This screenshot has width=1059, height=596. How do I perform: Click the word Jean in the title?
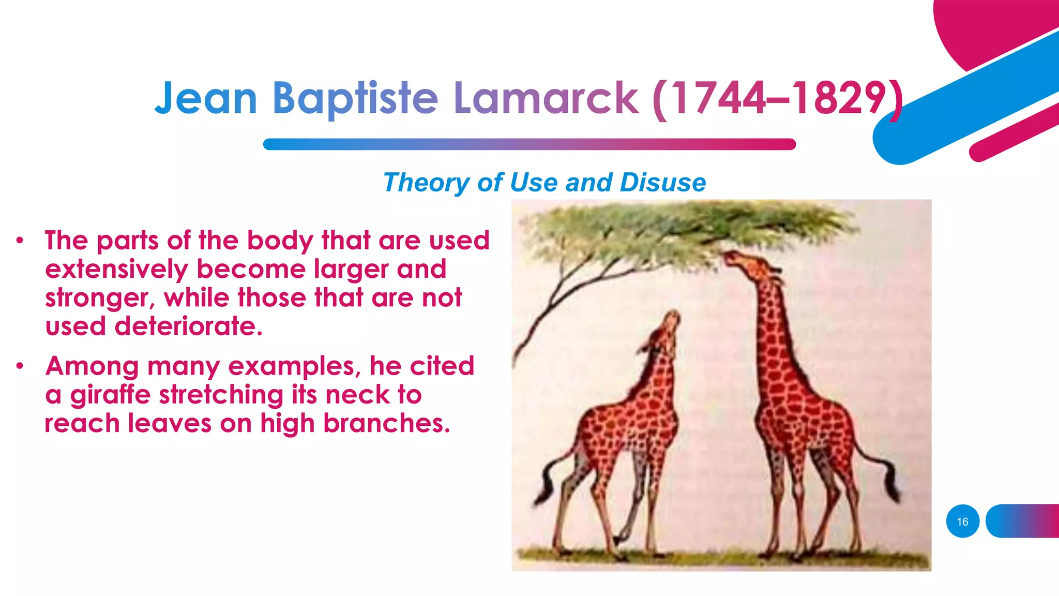(x=206, y=98)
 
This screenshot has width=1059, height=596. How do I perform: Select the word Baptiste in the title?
(x=355, y=98)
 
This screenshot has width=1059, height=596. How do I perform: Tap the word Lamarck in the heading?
(x=546, y=98)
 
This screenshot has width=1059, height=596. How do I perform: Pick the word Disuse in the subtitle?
(x=663, y=183)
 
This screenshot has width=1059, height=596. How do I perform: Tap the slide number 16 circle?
(x=962, y=521)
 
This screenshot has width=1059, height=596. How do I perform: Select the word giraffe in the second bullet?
(x=110, y=395)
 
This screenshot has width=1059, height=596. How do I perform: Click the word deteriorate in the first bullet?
(x=189, y=326)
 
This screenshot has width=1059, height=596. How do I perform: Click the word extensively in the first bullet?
(x=116, y=270)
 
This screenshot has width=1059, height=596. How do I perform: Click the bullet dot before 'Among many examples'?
(x=20, y=366)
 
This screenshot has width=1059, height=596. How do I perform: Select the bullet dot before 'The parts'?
(x=20, y=241)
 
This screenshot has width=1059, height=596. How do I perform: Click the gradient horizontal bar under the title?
(x=529, y=144)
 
